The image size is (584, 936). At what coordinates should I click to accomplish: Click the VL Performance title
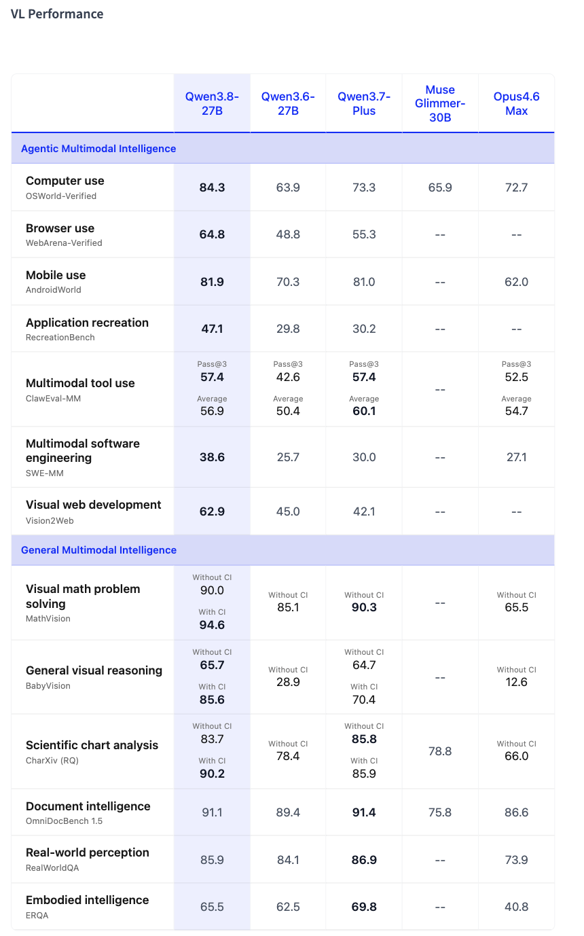pos(57,14)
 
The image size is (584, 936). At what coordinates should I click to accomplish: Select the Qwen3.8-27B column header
pos(212,103)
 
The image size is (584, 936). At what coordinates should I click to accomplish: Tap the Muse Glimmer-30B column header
pos(440,103)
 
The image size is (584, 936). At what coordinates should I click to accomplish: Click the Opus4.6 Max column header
pos(516,103)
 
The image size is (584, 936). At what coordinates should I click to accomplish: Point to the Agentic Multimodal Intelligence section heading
pos(98,148)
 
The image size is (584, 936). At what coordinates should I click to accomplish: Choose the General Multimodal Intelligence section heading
pos(98,550)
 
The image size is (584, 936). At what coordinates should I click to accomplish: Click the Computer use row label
pos(65,181)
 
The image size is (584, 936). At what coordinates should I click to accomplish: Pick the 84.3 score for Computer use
pos(212,187)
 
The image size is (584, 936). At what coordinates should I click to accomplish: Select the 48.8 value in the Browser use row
pos(288,234)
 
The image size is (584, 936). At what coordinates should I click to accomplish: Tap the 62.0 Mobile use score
pos(516,282)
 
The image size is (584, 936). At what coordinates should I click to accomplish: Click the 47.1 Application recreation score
pos(212,329)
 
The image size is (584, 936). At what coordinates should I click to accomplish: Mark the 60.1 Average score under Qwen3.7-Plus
pos(364,411)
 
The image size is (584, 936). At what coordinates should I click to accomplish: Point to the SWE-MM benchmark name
pos(45,473)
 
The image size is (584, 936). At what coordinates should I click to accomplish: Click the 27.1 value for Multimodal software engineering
pos(516,457)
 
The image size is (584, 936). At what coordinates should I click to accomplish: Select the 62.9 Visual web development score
pos(212,511)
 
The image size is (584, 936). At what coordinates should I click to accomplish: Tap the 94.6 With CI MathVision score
pos(212,625)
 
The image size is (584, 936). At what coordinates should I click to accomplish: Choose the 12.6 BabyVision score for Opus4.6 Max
pos(516,682)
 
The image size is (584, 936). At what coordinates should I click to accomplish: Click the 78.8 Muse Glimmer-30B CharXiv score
pos(440,751)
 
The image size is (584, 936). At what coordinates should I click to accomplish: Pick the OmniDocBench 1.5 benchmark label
pos(64,821)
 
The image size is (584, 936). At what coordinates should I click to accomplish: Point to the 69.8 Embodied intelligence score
pos(364,907)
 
